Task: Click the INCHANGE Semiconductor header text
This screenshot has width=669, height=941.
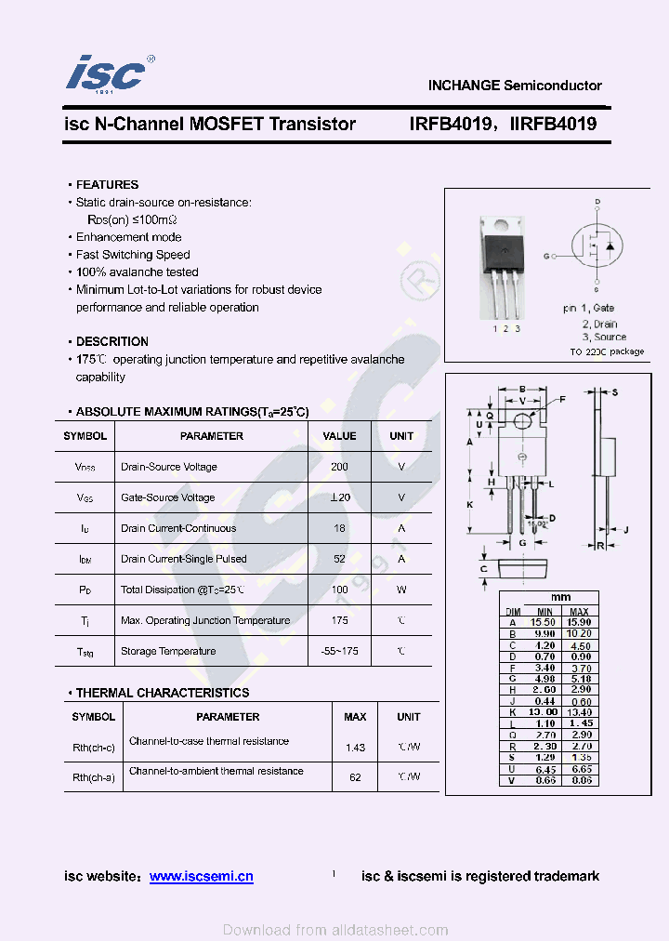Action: (x=515, y=86)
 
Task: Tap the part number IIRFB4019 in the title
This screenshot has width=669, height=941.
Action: (x=553, y=124)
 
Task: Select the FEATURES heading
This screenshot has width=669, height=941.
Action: (x=107, y=185)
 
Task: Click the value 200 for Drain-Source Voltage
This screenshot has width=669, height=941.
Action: (x=339, y=467)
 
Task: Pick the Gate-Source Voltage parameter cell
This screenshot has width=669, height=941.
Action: (x=168, y=497)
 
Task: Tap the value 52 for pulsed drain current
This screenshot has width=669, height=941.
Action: (x=339, y=559)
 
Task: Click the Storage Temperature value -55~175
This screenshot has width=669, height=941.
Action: (x=339, y=651)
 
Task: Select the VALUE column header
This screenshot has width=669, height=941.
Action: (x=339, y=436)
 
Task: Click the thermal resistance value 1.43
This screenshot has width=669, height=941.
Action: (x=355, y=748)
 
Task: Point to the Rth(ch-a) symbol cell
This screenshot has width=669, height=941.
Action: (x=94, y=777)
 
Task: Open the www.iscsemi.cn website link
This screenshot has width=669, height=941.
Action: (x=202, y=876)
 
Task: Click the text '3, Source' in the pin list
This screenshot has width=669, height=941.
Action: (x=604, y=338)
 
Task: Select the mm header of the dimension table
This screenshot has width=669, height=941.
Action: (x=560, y=597)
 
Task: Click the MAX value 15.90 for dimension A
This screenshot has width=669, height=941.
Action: (x=580, y=622)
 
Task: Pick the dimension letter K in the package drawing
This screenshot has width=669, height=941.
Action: (x=470, y=504)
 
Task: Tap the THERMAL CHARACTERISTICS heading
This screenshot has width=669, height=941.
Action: (x=162, y=693)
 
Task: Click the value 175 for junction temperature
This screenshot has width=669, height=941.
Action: (x=339, y=620)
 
